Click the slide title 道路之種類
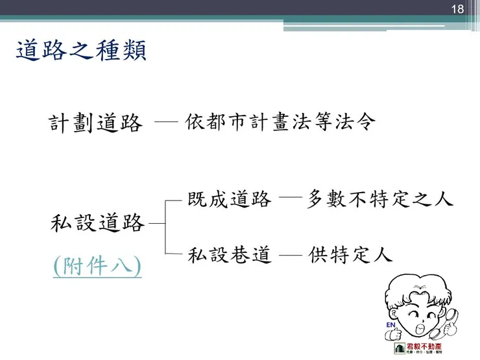(81, 51)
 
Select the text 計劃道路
(96, 123)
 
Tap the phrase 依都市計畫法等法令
(280, 122)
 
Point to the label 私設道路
(97, 223)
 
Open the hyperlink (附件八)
(97, 266)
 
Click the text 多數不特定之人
(379, 199)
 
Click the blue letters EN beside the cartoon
(391, 324)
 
